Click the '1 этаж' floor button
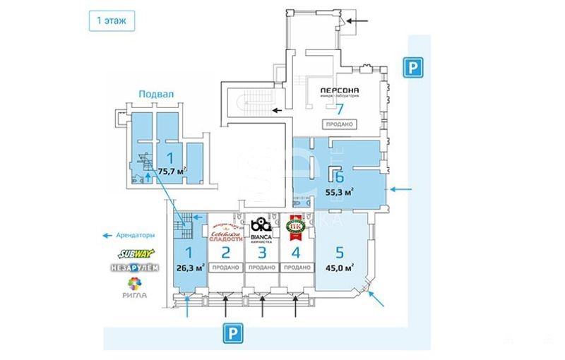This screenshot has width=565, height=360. point(111,21)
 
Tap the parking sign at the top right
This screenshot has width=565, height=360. point(412,67)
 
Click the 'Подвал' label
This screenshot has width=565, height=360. point(155,93)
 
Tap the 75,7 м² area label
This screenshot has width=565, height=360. point(172,170)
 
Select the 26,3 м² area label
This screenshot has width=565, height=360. point(191,268)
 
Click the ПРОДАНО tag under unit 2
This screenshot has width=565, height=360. point(226,268)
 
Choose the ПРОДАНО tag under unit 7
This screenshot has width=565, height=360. point(339,124)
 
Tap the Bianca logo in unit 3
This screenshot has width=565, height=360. point(261,229)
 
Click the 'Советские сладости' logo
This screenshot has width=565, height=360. point(226,229)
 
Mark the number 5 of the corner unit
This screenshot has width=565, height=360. point(340,251)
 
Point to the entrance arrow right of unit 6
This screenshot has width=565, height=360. point(403,189)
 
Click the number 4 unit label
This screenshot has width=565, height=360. point(297,251)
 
